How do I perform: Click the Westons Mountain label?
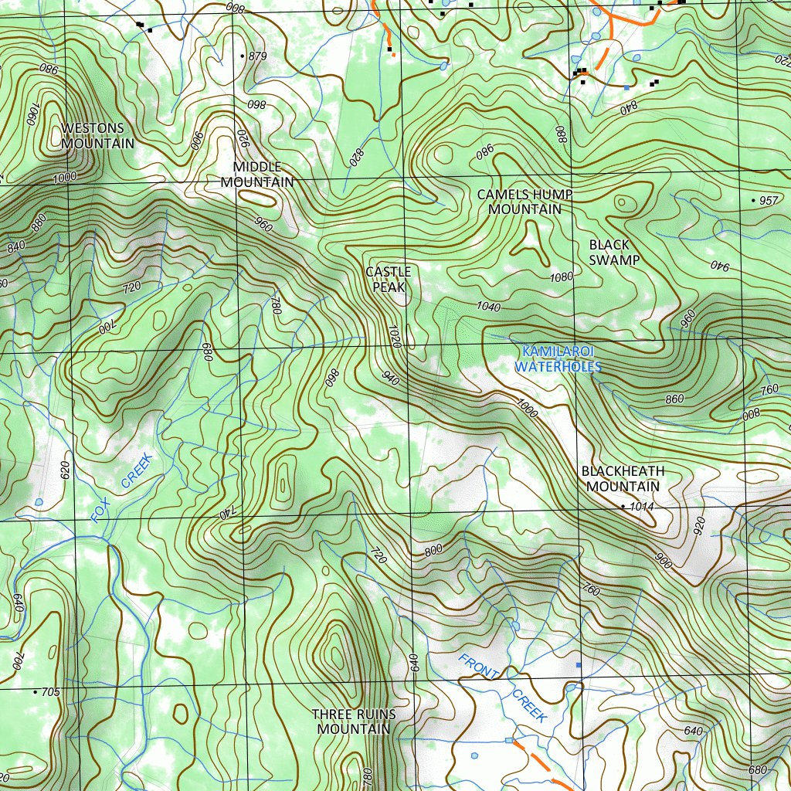[97, 135]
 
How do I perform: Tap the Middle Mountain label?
[257, 175]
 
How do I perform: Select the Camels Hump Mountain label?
[525, 202]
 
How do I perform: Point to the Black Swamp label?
[614, 253]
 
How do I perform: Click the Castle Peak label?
[388, 279]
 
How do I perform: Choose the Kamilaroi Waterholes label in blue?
[557, 359]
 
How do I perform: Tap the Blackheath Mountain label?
[623, 479]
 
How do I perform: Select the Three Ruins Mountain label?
[354, 721]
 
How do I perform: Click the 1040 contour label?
[488, 307]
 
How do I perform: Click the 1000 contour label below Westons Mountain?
[65, 178]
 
